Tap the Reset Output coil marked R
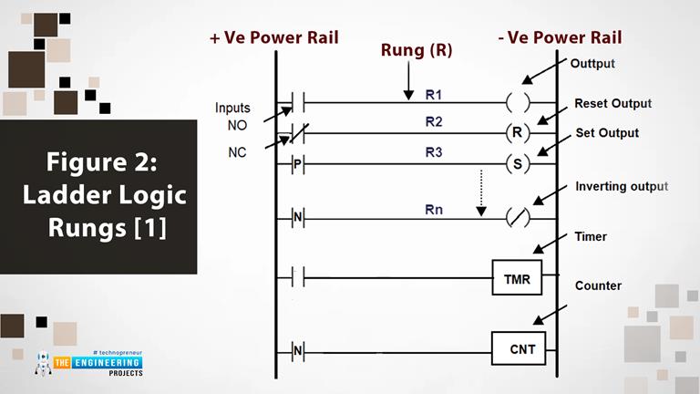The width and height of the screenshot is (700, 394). tap(518, 132)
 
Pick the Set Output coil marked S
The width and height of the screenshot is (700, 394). tap(518, 165)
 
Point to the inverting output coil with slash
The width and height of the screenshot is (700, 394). tap(518, 219)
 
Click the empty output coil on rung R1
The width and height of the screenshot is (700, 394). tap(518, 101)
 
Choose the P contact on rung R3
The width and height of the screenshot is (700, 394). tap(297, 165)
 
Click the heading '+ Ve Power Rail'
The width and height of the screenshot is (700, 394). tap(273, 37)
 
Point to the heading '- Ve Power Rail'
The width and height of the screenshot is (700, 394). tap(561, 37)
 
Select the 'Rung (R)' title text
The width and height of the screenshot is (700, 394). tap(417, 51)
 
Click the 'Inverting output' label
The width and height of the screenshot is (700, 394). tap(622, 187)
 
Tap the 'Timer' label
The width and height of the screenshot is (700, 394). tap(591, 237)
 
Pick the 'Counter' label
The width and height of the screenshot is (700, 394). tap(598, 286)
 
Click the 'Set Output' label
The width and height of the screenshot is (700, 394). tap(607, 133)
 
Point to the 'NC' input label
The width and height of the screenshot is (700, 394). tap(237, 152)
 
